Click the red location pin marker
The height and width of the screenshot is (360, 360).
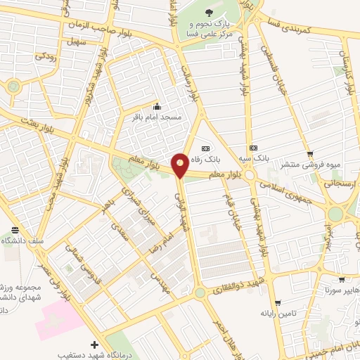pyautogui.click(x=181, y=165)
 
